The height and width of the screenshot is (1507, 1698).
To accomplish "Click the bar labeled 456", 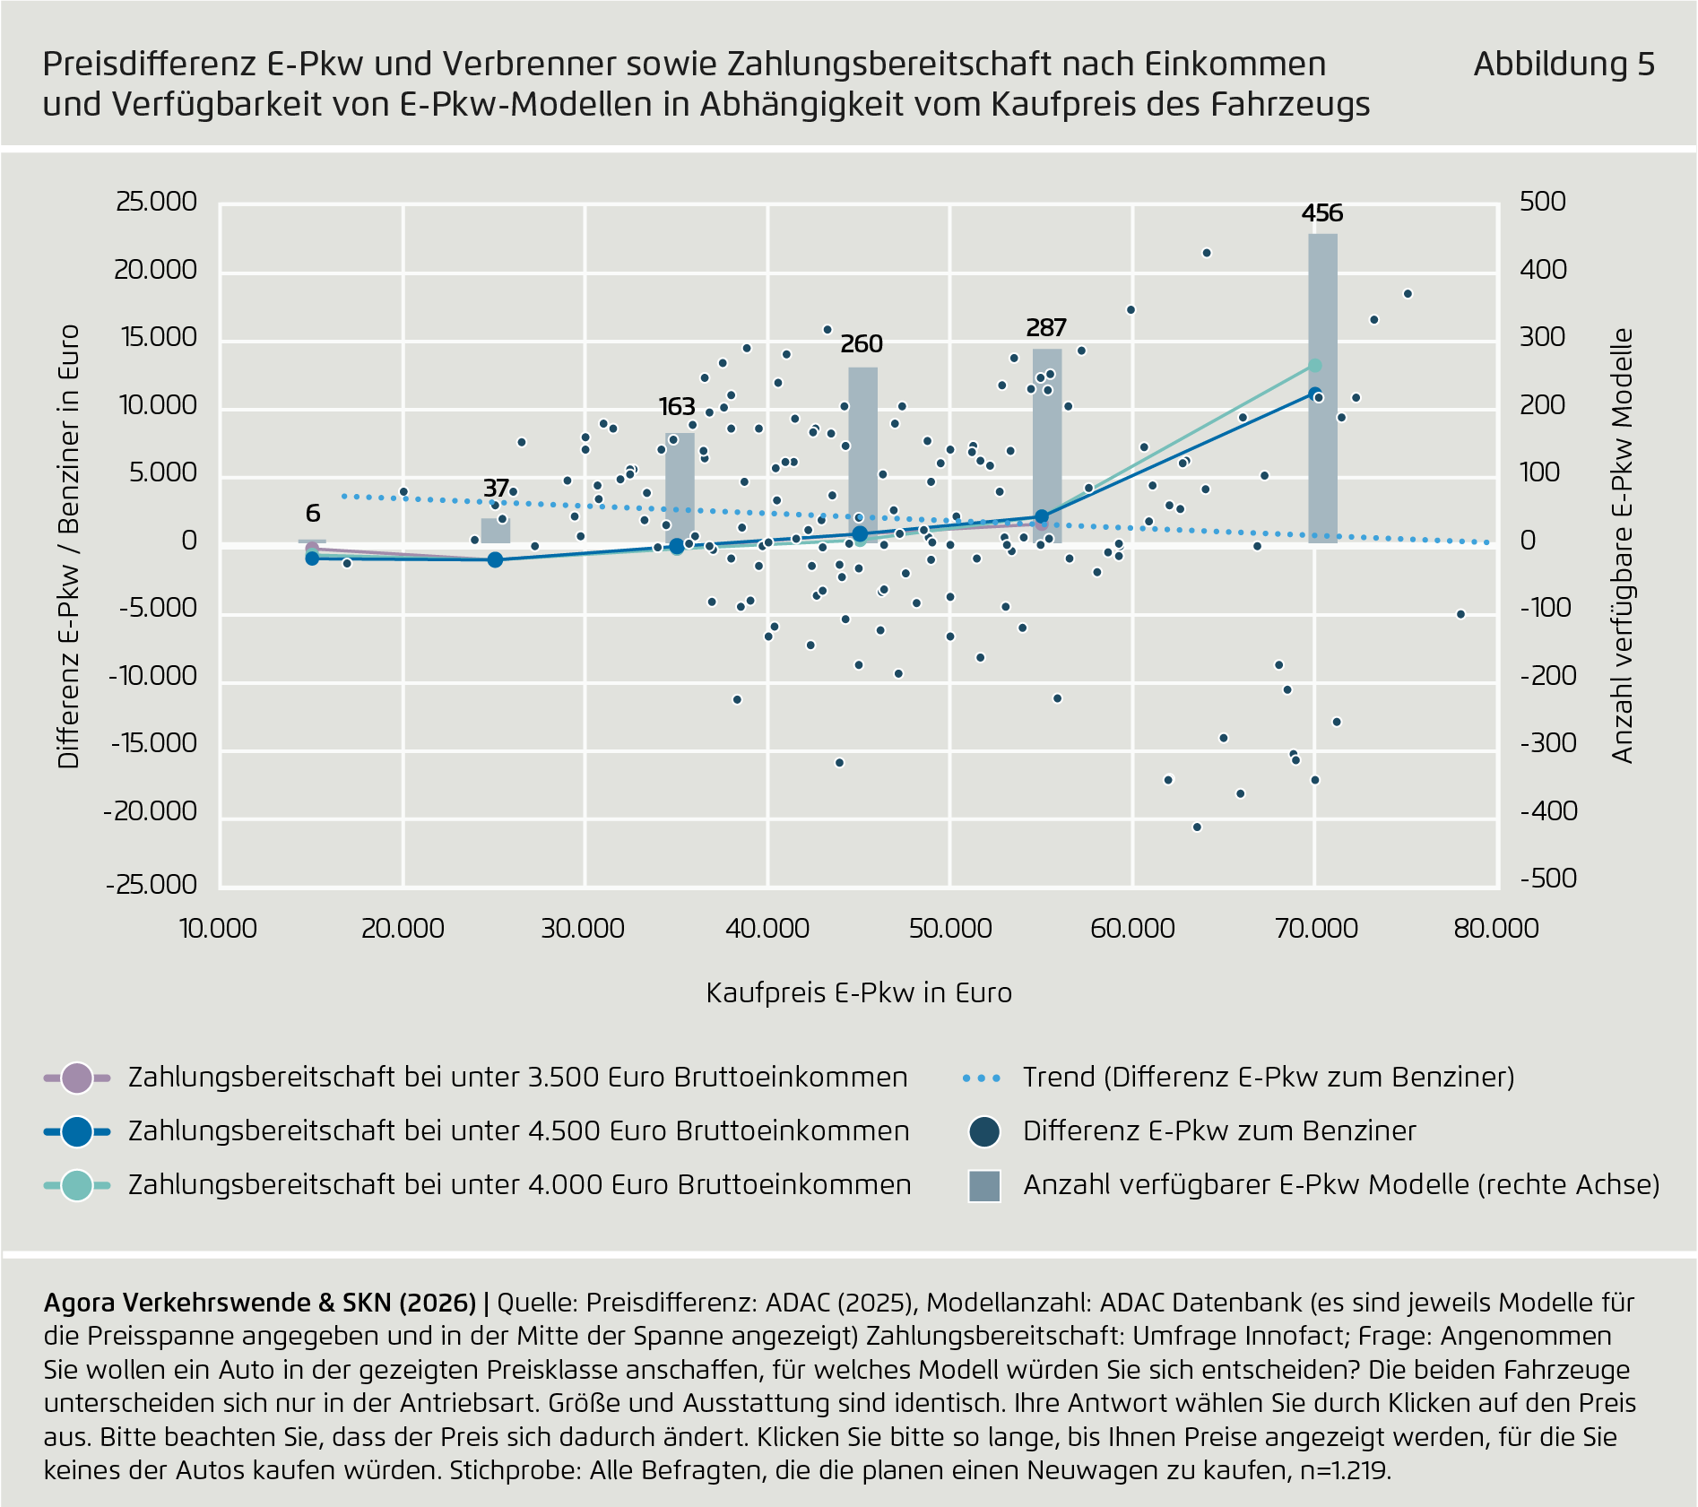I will tap(1322, 385).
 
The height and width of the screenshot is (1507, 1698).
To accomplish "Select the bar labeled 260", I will tap(862, 453).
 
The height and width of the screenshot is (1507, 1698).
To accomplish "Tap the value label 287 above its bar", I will tap(1045, 328).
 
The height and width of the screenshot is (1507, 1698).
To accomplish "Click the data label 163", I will tap(677, 407).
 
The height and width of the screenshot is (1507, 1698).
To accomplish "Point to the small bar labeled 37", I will tap(496, 531).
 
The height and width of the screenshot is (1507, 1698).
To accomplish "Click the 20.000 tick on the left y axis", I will tap(156, 270).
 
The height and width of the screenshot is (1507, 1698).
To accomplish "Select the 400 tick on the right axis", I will tap(1543, 270).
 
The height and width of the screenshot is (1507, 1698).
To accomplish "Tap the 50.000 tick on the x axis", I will tap(950, 929).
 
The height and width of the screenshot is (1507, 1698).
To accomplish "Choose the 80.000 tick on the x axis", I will tap(1495, 929).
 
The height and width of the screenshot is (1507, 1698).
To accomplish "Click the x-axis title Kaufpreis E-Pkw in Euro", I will tap(859, 993).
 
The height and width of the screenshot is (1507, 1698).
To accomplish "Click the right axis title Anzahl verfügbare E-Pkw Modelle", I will tap(1623, 545).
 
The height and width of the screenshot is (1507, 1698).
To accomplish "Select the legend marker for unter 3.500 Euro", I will tap(77, 1078).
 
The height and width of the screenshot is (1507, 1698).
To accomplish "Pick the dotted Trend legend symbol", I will tap(982, 1078).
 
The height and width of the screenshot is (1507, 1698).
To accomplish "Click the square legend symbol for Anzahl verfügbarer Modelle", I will tap(984, 1185).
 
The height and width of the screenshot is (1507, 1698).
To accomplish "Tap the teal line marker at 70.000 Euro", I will tap(1315, 366).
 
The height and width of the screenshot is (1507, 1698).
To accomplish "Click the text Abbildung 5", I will tap(1564, 65).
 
